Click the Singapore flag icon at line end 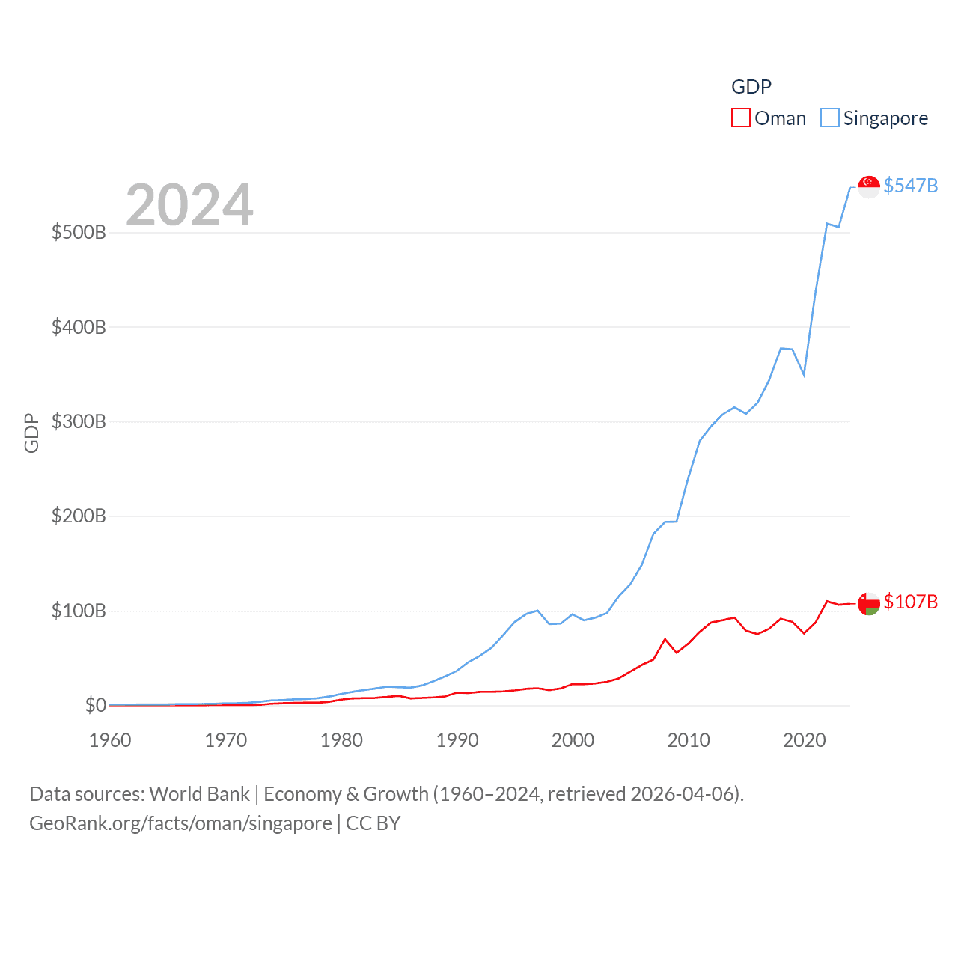click(868, 186)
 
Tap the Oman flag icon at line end click(868, 603)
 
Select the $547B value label click(910, 186)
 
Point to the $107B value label click(910, 602)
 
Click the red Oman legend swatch click(740, 118)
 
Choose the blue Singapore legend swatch click(829, 118)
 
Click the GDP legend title click(751, 87)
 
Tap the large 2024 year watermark click(189, 205)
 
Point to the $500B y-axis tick click(79, 232)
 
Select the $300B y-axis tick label click(79, 421)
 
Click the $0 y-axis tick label click(95, 705)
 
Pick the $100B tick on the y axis click(79, 611)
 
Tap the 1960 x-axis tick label click(110, 740)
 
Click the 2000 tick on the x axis click(573, 740)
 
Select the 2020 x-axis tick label click(804, 740)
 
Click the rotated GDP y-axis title click(31, 433)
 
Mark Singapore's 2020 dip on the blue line click(804, 374)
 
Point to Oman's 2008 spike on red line click(665, 639)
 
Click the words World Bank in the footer click(199, 793)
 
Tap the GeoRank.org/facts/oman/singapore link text click(180, 823)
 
